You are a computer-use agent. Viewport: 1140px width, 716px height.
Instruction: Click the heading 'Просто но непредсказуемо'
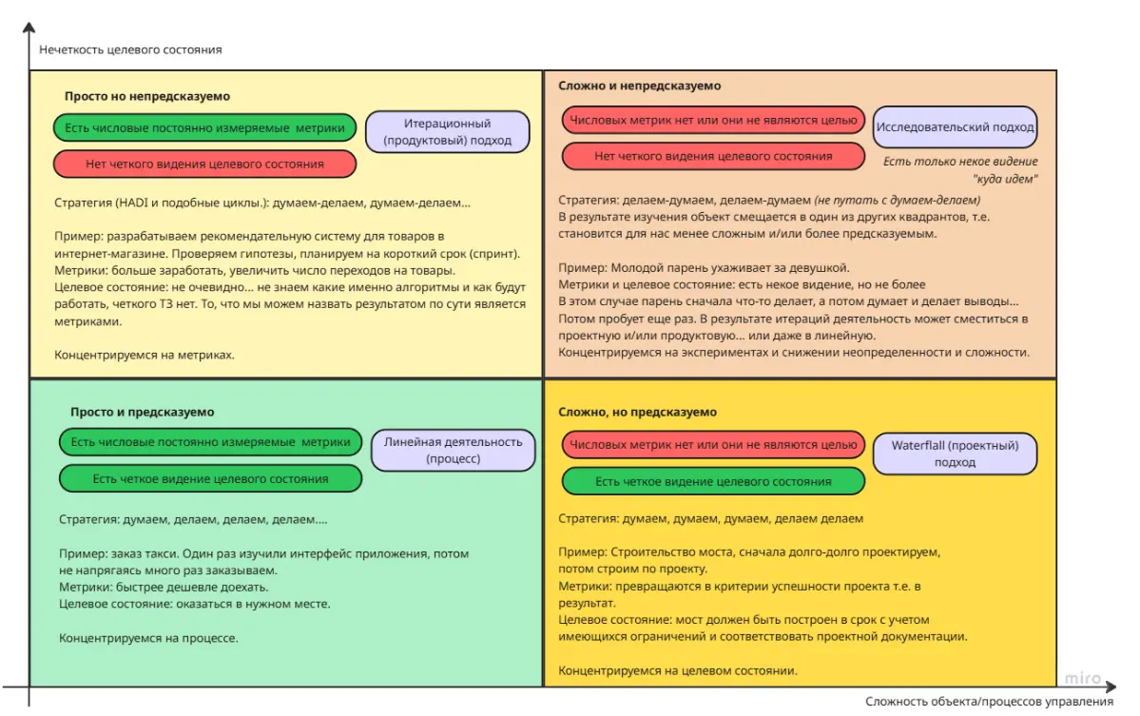coord(147,96)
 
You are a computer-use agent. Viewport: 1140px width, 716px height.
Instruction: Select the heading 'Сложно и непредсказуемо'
coord(640,86)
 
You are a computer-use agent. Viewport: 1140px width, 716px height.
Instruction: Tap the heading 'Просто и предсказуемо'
coord(143,412)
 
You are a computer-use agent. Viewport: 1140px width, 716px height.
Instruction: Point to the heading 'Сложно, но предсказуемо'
coord(638,412)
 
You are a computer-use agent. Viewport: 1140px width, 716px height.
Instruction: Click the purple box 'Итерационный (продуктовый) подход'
coord(447,132)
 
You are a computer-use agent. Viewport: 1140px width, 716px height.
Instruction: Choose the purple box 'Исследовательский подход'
coord(955,126)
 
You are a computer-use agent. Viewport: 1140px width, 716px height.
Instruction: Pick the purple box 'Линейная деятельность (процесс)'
coord(453,450)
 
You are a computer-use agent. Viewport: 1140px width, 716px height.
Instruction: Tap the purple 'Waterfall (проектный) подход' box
coord(955,453)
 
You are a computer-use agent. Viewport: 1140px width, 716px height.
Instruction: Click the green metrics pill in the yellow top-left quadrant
coord(205,128)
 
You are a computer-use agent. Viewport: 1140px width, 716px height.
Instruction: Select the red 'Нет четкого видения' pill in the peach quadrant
coord(713,156)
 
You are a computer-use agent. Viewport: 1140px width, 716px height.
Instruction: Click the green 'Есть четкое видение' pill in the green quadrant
coord(211,478)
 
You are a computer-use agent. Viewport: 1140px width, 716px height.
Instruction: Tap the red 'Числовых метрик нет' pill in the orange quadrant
coord(713,444)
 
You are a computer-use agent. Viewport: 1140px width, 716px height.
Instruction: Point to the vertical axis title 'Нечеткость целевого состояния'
coord(130,49)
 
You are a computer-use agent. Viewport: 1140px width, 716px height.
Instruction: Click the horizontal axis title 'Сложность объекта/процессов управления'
coord(989,702)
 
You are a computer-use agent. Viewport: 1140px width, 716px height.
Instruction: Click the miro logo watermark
coord(1082,679)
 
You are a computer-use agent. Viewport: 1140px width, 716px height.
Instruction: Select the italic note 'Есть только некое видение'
coord(960,162)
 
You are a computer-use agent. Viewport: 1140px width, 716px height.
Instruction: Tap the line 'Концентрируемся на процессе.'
coord(148,638)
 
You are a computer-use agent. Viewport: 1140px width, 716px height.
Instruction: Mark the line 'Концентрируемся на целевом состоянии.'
coord(677,670)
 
